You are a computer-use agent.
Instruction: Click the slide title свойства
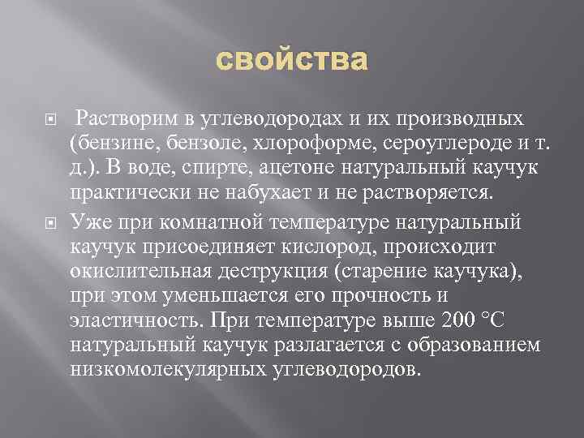pyautogui.click(x=292, y=60)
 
